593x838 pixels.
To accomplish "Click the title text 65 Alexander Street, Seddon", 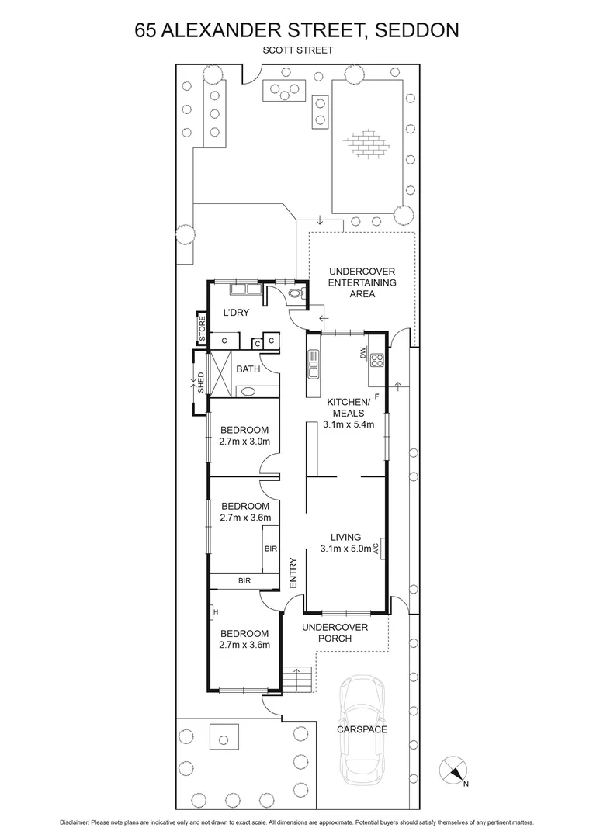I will tap(296, 30).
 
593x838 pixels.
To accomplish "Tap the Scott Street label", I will tap(296, 50).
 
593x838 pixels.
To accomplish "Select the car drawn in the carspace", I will tap(363, 729).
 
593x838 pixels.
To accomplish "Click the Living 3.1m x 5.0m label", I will tap(346, 543).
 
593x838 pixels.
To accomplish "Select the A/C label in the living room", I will tap(376, 548).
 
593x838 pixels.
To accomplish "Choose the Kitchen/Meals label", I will tap(346, 413).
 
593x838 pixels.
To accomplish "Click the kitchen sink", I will tap(313, 362).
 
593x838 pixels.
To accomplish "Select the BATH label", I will tap(248, 369).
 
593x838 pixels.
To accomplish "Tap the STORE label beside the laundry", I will tap(202, 329).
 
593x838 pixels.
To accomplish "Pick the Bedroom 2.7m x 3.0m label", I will tap(245, 436).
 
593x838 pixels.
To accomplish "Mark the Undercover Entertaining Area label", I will tap(362, 282).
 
